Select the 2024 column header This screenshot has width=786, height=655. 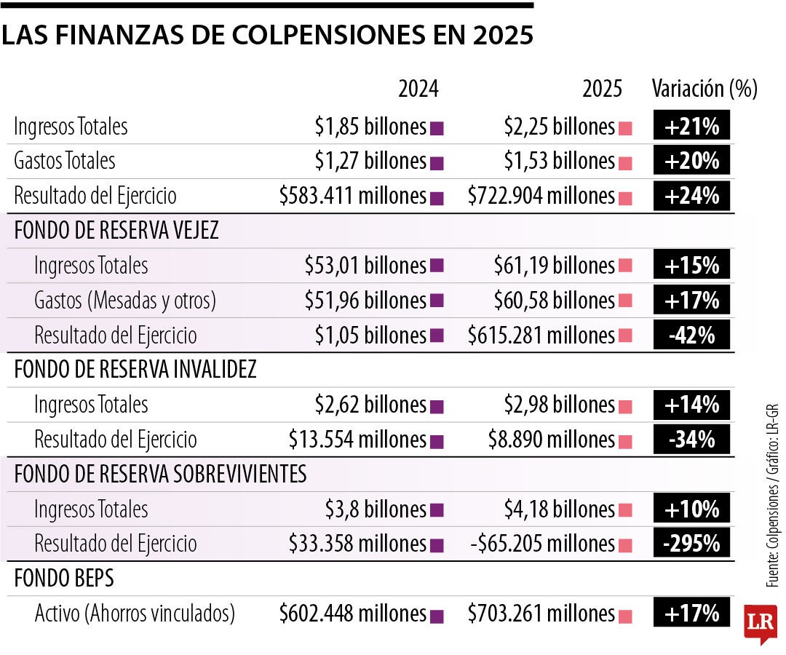pos(418,89)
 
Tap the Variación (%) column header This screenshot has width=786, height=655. pos(704,89)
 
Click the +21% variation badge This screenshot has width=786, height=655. pos(691,127)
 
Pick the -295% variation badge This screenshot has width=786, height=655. pos(691,543)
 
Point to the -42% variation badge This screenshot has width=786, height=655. pos(691,335)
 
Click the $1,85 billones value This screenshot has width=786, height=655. pos(370,127)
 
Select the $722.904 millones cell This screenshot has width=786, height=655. pos(541,196)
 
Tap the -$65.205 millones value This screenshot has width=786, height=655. pos(541,543)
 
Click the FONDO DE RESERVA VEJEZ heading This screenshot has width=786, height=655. pos(116,230)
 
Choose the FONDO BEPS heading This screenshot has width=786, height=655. pos(64,578)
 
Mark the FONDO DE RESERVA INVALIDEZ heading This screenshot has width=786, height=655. pos(135,370)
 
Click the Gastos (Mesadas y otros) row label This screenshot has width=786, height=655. pos(125,300)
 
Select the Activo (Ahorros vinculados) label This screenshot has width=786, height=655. pos(135,614)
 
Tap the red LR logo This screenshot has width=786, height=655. pos(761,623)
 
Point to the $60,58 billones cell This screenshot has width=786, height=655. pos(554,300)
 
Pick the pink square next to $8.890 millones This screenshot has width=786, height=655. pos(624,441)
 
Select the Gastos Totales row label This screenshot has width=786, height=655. pos(64,160)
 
